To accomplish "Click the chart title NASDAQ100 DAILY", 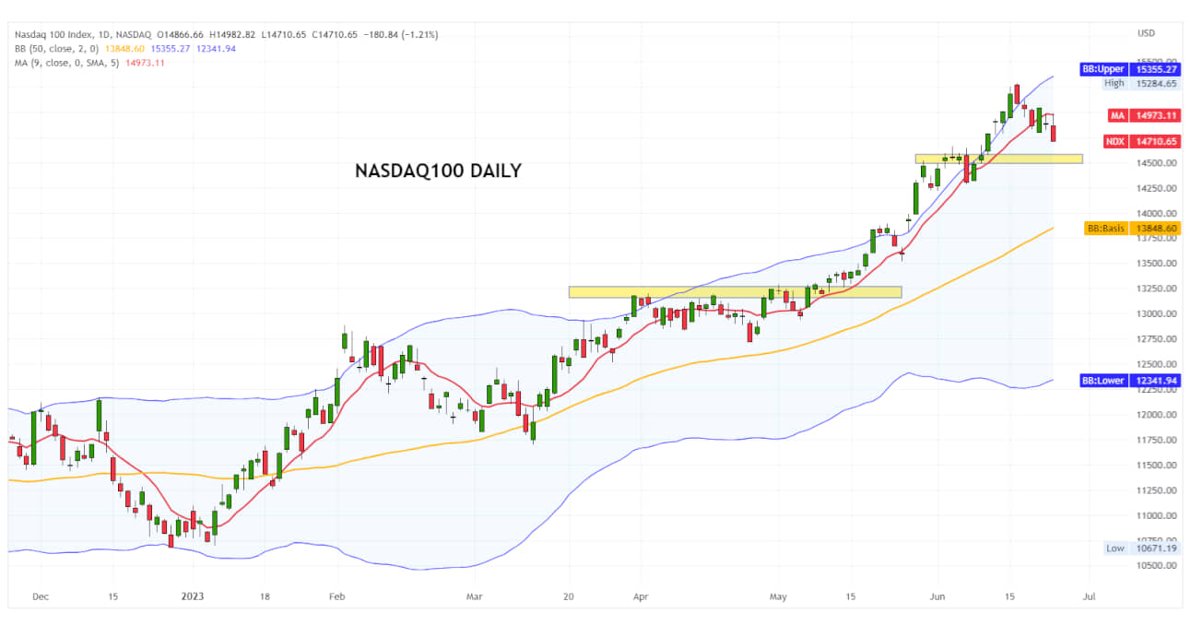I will coord(438,171).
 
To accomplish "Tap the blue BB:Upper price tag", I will coord(1130,69).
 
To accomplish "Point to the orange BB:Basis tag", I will coord(1132,228).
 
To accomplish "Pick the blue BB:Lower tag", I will coord(1130,380).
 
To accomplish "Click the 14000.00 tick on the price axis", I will coord(1155,213).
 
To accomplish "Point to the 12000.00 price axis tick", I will coord(1155,415).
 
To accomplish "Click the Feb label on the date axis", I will coord(336,596).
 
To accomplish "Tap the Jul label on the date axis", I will coord(1089,596).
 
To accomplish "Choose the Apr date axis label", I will coord(641,596).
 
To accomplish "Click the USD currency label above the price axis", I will coord(1146,33).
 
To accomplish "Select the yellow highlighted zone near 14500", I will coord(998,159).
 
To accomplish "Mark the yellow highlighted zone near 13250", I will coord(735,292).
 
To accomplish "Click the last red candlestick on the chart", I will coord(1054,134).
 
